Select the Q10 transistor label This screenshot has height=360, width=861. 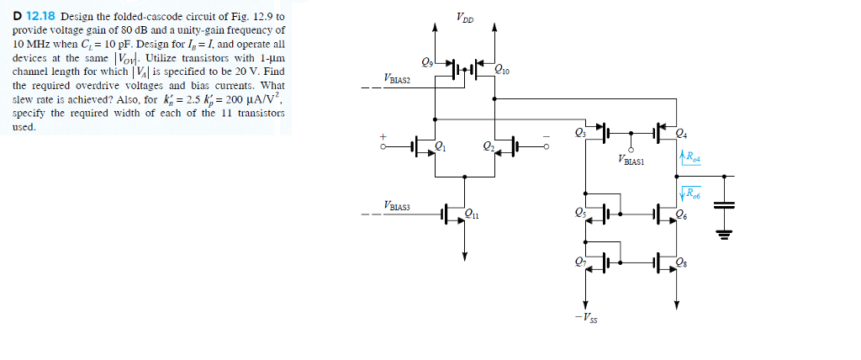pos(503,71)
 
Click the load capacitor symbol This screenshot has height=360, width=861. pos(723,205)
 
